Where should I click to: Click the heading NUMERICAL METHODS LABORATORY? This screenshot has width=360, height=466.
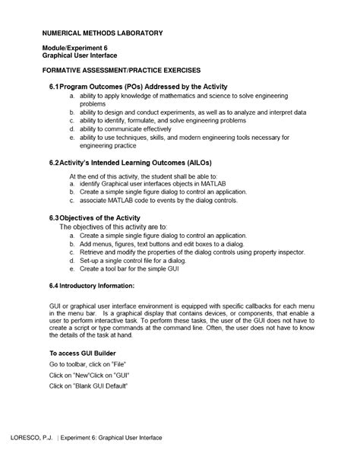pyautogui.click(x=102, y=33)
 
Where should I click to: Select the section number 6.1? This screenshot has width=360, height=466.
pyautogui.click(x=54, y=87)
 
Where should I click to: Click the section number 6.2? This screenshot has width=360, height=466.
pyautogui.click(x=54, y=163)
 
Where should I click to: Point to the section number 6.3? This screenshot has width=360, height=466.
pyautogui.click(x=54, y=218)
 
